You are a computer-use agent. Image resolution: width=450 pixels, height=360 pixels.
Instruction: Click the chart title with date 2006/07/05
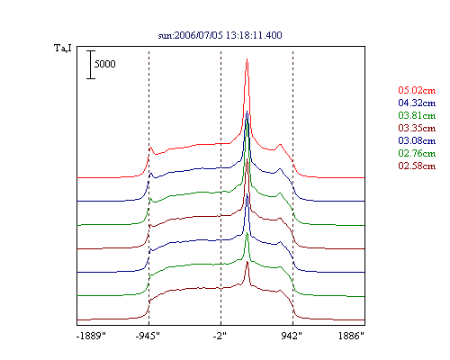(220, 35)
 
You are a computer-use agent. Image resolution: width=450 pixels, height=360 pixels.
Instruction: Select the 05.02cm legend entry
(417, 90)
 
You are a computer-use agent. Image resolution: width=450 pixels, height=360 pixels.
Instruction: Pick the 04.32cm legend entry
(417, 103)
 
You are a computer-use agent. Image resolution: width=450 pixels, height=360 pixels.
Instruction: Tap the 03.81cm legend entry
(417, 115)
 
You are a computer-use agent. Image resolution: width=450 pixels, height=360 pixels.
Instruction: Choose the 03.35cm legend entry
(417, 128)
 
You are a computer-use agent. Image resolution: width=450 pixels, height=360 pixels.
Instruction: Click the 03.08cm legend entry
(417, 140)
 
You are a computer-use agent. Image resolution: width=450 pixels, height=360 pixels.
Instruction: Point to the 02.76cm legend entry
(417, 153)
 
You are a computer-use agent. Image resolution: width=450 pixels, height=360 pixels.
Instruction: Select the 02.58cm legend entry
(417, 166)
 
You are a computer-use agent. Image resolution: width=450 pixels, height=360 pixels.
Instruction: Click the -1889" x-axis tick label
(91, 336)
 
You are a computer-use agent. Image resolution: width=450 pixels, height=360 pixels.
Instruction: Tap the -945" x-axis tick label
(148, 336)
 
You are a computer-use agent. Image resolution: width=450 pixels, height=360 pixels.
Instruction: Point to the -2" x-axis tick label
(220, 336)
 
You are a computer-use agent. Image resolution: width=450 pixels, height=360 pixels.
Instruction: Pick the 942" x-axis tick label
(292, 336)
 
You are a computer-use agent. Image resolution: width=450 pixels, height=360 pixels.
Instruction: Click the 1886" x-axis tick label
(351, 336)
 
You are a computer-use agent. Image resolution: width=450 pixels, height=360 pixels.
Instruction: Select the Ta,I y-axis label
(63, 48)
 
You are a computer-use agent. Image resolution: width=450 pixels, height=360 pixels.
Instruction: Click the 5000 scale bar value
(105, 64)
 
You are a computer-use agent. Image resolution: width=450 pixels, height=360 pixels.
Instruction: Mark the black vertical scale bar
(91, 65)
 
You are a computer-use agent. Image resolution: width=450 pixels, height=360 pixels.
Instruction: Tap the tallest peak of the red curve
(247, 59)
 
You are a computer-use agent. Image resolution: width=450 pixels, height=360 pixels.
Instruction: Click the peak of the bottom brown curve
(247, 262)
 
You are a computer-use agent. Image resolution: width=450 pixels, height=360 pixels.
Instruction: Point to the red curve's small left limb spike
(150, 148)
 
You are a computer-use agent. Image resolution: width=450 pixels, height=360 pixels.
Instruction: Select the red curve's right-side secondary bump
(280, 145)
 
